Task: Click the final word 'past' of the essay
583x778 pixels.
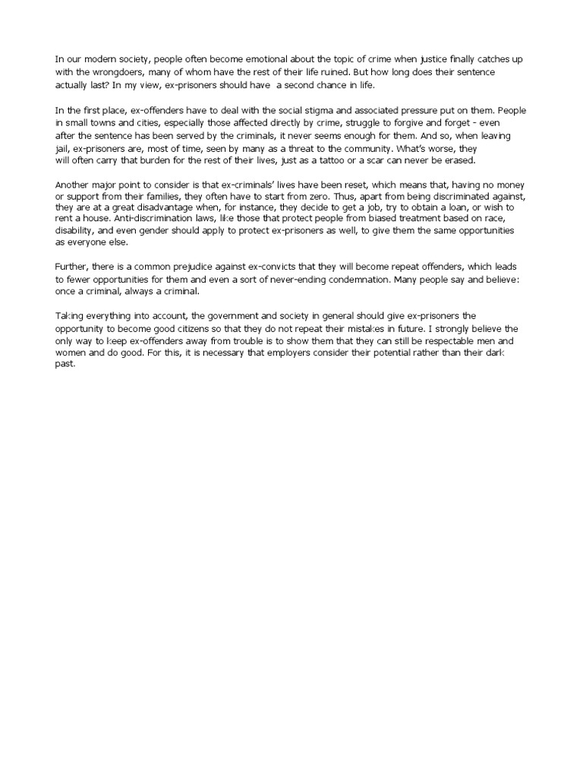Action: (65, 365)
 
